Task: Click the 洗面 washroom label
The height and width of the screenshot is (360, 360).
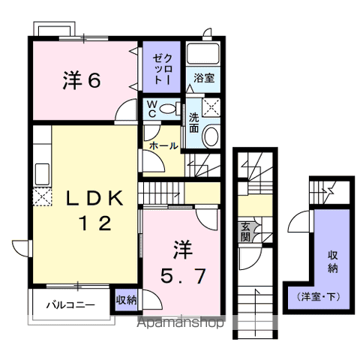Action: coord(193,122)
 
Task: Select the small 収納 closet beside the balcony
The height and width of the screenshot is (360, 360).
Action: coord(126,300)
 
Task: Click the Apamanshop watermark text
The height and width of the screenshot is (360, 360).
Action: coord(180,324)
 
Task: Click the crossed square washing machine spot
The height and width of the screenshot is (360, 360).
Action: coord(212,106)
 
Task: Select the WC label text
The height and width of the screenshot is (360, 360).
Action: coord(151,109)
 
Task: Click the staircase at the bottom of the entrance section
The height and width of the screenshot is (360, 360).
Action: coord(256,307)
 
